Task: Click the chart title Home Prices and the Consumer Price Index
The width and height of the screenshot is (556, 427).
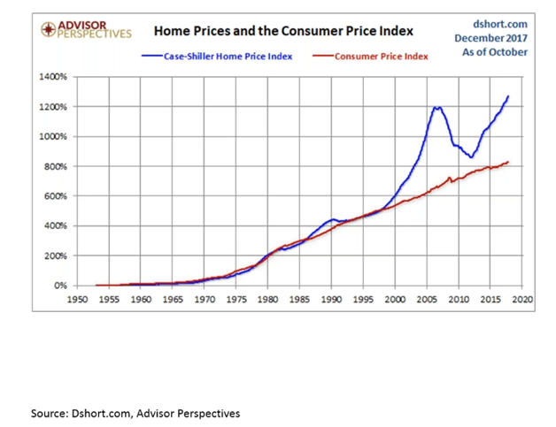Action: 283,31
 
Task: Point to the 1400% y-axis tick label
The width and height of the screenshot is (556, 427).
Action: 54,77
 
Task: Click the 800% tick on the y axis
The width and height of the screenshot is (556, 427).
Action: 56,166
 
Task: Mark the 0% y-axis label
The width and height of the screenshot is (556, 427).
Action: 60,286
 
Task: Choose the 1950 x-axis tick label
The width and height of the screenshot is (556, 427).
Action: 77,300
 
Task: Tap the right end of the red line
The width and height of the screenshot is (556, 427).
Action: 508,162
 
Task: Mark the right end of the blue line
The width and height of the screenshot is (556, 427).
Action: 508,96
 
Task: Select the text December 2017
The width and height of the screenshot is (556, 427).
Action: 492,38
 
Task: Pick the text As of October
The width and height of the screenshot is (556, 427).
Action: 496,52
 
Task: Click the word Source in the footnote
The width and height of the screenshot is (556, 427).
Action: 50,413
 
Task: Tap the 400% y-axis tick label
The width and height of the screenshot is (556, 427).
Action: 56,225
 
